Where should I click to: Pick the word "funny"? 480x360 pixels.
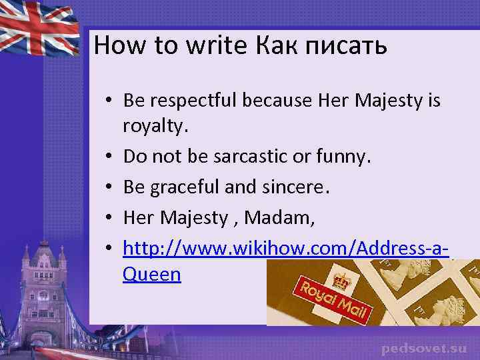point(342,157)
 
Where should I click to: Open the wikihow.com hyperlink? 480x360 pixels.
point(285,249)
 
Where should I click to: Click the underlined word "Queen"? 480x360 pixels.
point(152,273)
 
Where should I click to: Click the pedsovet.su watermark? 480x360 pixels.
point(424,348)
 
